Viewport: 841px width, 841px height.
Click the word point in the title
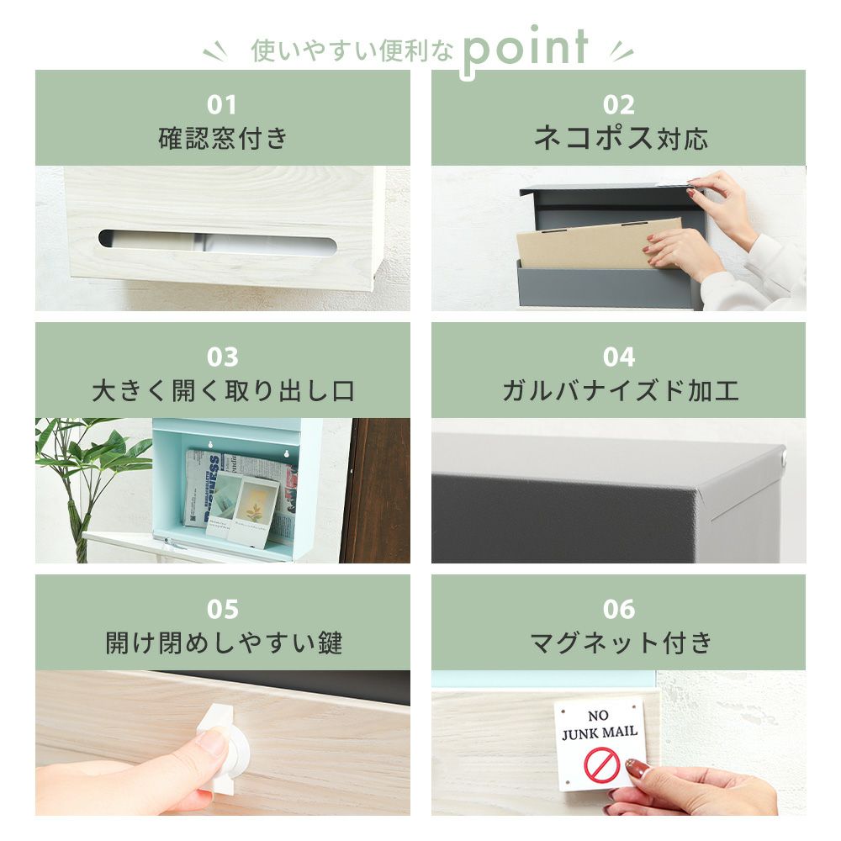(x=525, y=50)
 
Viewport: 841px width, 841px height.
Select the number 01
(x=221, y=104)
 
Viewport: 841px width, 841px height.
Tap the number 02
(x=618, y=104)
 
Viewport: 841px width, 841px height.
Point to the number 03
(x=222, y=357)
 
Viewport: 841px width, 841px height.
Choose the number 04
(x=618, y=357)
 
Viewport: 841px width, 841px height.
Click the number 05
(x=222, y=609)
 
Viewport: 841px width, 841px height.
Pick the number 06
(x=618, y=609)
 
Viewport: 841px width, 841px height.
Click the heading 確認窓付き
(x=223, y=139)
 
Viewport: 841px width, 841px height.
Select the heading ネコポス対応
(x=621, y=139)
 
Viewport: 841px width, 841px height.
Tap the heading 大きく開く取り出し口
(x=223, y=390)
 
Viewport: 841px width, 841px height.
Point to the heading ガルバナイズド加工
(x=620, y=390)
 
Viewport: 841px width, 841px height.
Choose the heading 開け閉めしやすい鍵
(x=223, y=643)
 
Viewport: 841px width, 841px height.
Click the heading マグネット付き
(x=621, y=643)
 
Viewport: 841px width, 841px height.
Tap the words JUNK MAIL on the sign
(x=600, y=733)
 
